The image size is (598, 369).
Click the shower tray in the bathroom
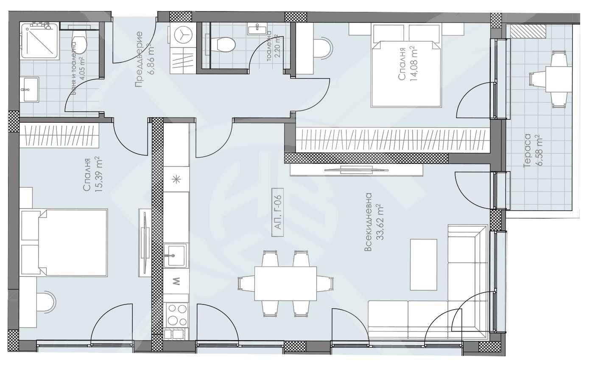[39, 40]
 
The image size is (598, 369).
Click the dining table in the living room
[285, 283]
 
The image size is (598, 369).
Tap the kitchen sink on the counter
[174, 256]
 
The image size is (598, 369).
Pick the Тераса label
[527, 151]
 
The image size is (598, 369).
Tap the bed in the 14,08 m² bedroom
[406, 73]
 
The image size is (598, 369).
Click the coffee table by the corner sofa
[423, 264]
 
